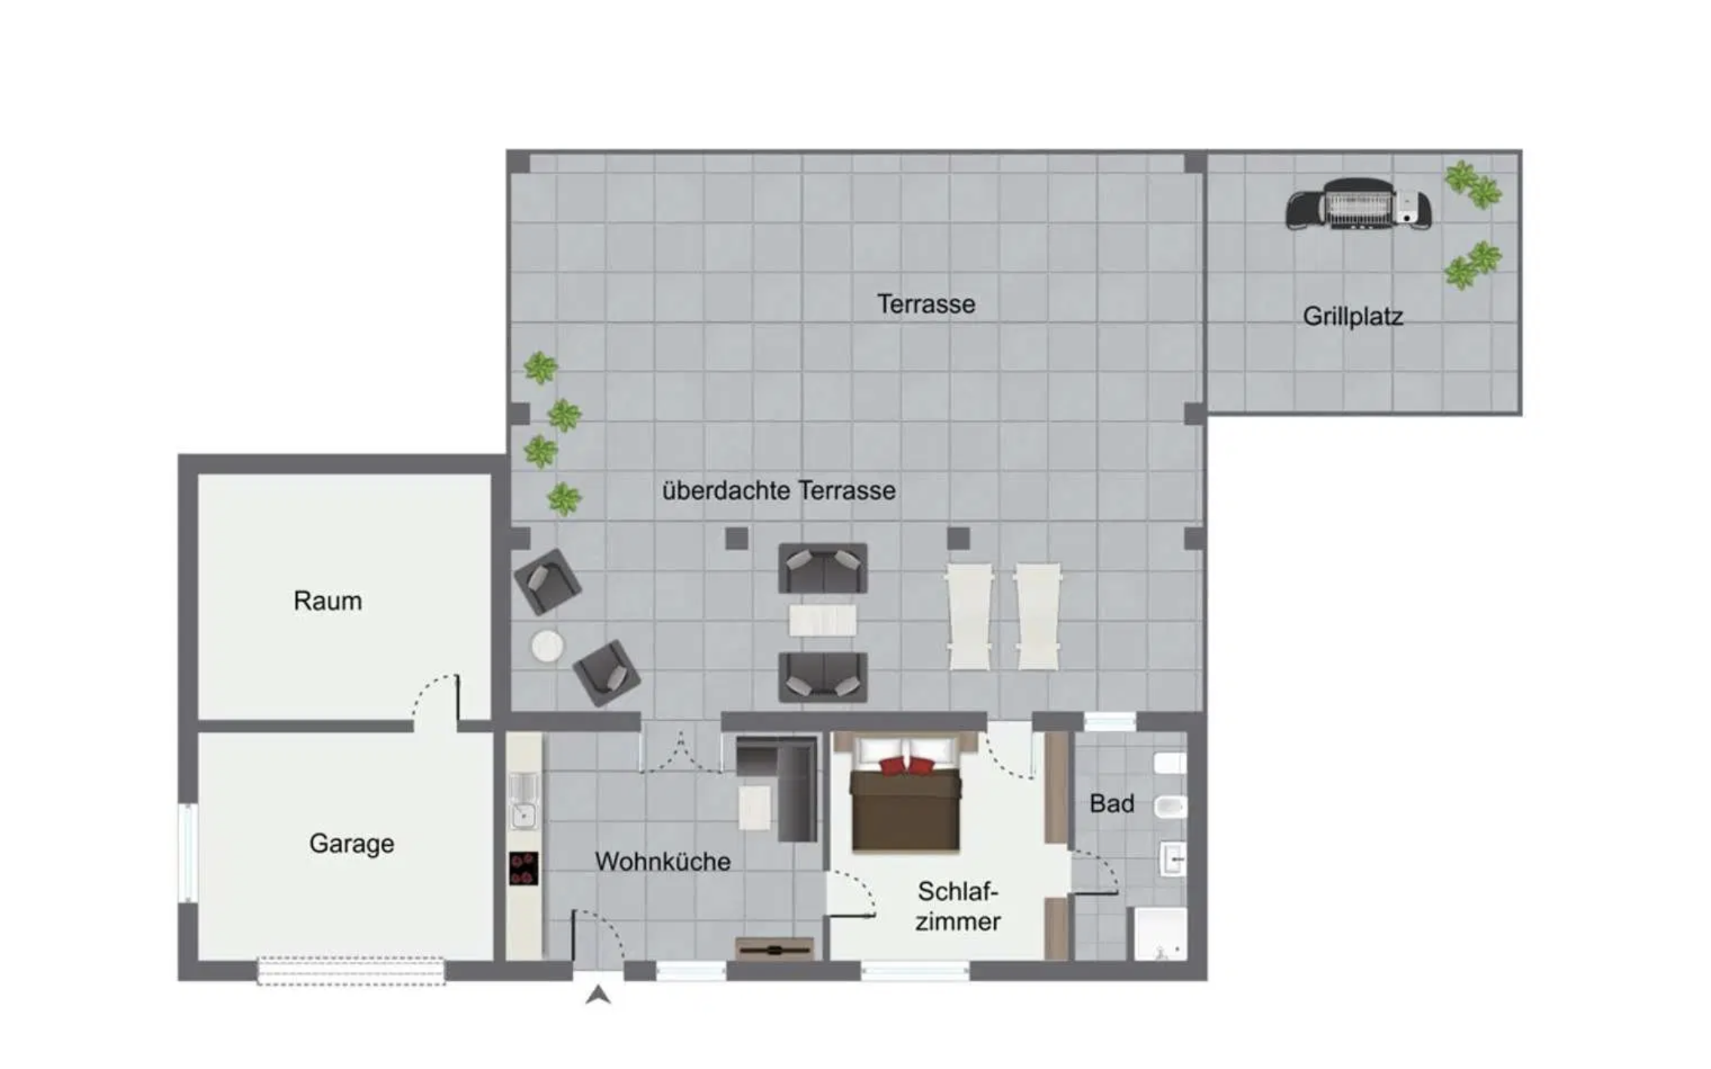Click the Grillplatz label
click(1352, 317)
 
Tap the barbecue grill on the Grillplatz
click(1358, 204)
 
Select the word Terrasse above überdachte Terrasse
click(926, 304)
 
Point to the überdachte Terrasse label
click(779, 491)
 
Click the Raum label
click(327, 601)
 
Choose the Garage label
click(351, 844)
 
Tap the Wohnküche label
click(663, 862)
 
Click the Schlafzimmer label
click(958, 906)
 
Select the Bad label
click(1112, 804)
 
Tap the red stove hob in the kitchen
click(523, 868)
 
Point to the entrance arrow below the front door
click(598, 995)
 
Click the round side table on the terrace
click(547, 646)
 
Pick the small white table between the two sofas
click(822, 620)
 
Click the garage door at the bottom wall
click(350, 970)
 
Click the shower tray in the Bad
click(1161, 934)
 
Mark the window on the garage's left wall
click(188, 852)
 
